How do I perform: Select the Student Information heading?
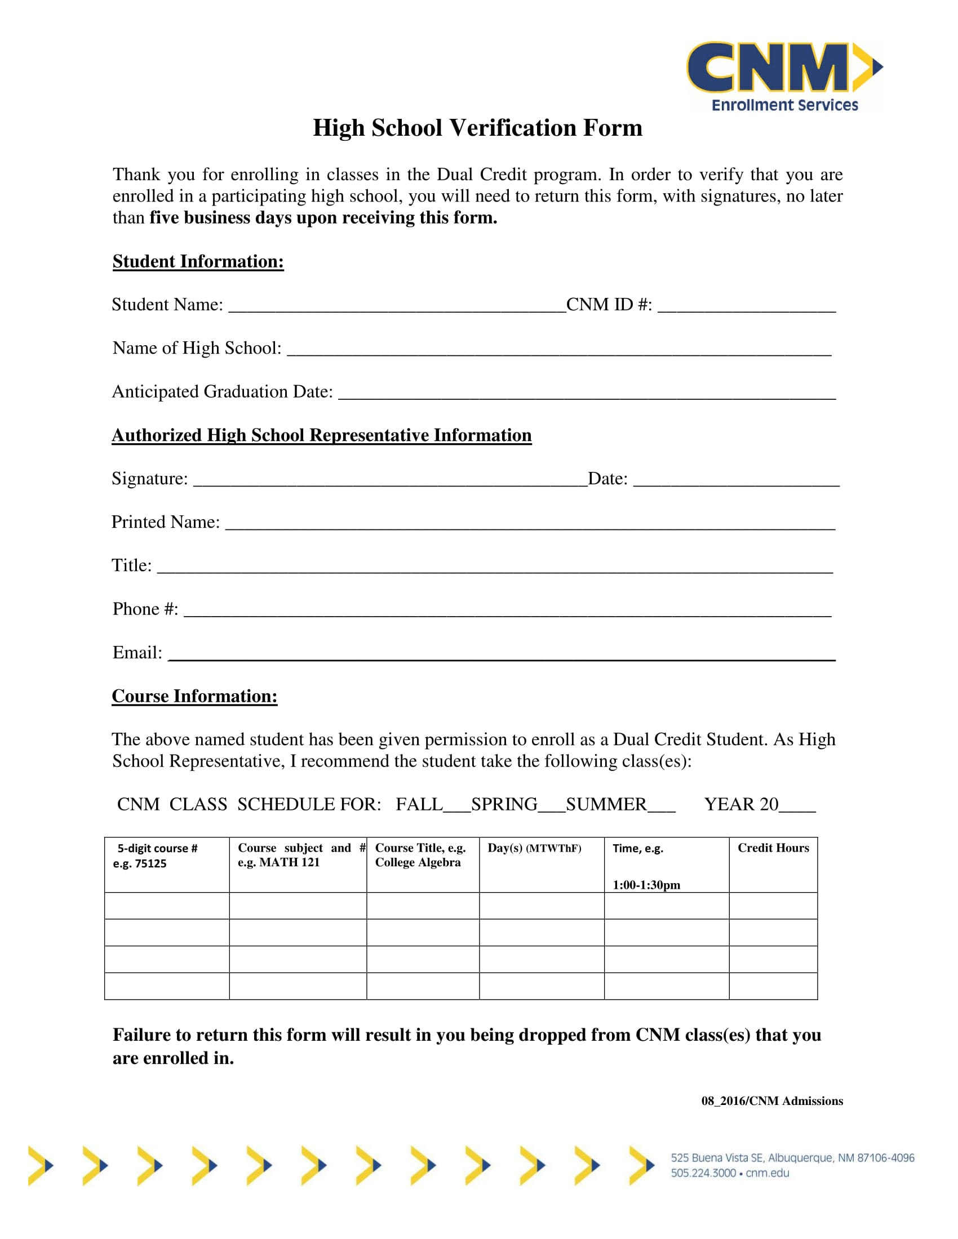[197, 261]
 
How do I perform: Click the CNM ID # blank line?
[746, 306]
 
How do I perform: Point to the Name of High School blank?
[558, 350]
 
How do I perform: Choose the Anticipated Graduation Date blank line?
[586, 394]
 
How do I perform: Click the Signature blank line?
[390, 480]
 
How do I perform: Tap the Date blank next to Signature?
[735, 480]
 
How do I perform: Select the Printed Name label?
[165, 522]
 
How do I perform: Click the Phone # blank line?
[507, 611]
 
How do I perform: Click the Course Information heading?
[194, 696]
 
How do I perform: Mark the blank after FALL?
[457, 806]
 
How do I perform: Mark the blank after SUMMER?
[661, 806]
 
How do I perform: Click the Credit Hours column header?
[773, 848]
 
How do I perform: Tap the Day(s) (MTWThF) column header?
[534, 848]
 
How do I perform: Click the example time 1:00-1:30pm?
[646, 885]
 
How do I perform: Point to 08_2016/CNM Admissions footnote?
[772, 1101]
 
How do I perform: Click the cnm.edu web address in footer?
[768, 1173]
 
